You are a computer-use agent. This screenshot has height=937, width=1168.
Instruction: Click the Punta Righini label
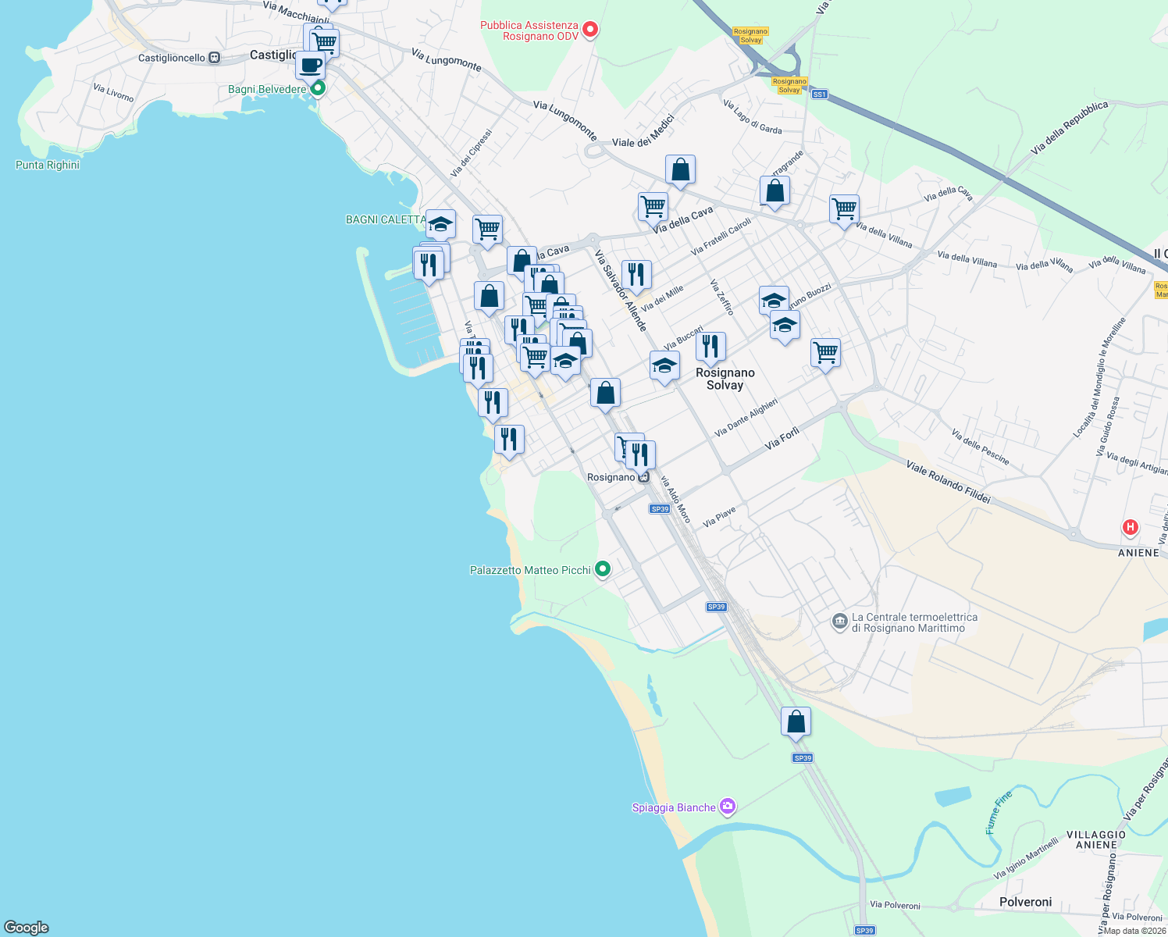(48, 165)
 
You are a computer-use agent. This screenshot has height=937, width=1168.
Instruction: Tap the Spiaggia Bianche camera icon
(728, 807)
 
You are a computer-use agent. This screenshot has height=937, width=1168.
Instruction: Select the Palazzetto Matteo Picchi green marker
(602, 569)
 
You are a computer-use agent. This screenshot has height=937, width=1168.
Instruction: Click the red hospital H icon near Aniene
(1129, 528)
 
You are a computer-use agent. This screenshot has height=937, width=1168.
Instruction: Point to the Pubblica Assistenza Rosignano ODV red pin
(591, 30)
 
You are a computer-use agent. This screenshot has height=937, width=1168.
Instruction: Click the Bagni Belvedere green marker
(318, 89)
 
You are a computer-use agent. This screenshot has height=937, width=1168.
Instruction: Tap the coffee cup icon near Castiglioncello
(311, 65)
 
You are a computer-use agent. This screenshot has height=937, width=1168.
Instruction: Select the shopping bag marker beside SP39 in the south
(796, 721)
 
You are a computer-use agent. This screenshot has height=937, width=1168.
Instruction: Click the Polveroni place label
(1025, 902)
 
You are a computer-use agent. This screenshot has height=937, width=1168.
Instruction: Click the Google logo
(27, 927)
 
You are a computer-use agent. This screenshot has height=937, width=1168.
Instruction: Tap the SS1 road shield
(819, 94)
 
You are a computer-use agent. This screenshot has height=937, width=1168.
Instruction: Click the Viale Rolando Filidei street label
(948, 482)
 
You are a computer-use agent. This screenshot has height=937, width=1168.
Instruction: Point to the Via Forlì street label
(782, 439)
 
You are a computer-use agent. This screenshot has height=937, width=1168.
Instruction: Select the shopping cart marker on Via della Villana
(844, 208)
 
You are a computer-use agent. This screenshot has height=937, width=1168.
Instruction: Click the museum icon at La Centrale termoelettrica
(839, 622)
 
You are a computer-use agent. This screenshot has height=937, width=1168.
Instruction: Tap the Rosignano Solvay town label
(725, 379)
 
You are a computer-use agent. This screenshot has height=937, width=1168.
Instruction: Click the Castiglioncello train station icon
(214, 58)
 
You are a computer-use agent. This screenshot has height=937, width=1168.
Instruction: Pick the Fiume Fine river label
(999, 813)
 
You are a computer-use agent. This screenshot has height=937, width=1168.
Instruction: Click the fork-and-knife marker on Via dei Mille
(636, 274)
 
